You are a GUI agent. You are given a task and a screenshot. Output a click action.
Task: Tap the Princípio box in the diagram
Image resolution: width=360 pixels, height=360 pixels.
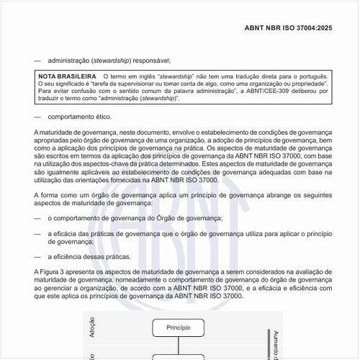pyautogui.click(x=178, y=328)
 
